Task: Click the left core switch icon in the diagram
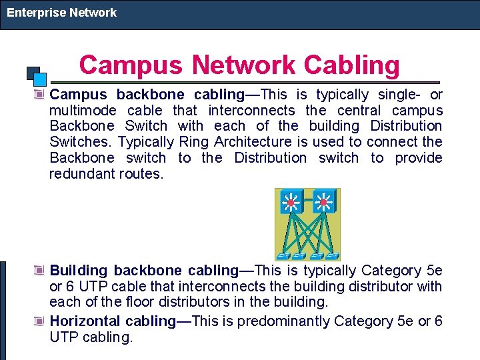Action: coord(291,201)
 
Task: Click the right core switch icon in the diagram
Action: coord(324,201)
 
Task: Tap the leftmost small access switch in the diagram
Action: coord(283,255)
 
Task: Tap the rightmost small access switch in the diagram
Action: coord(331,255)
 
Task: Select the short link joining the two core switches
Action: coord(307,199)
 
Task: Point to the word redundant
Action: coord(83,174)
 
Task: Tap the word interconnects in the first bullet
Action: coord(251,110)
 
